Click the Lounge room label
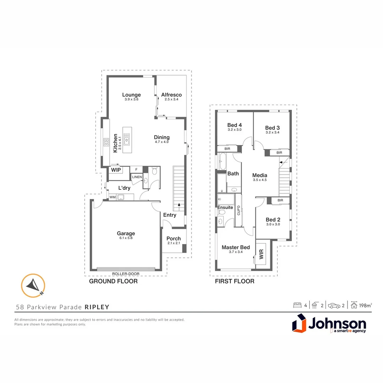pyautogui.click(x=132, y=95)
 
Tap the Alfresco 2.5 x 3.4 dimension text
pyautogui.click(x=171, y=100)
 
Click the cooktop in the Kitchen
pyautogui.click(x=106, y=143)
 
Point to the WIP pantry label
pyautogui.click(x=116, y=170)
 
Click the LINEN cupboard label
pyautogui.click(x=137, y=177)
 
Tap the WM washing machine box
pyautogui.click(x=112, y=197)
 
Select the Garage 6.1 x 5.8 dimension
pyautogui.click(x=126, y=238)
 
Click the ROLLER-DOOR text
pyautogui.click(x=126, y=274)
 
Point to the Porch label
pyautogui.click(x=173, y=239)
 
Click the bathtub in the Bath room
pyautogui.click(x=223, y=162)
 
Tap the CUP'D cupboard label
pyautogui.click(x=239, y=210)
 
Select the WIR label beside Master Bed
pyautogui.click(x=261, y=254)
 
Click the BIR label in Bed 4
pyautogui.click(x=227, y=149)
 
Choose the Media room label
pyautogui.click(x=260, y=175)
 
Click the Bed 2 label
pyautogui.click(x=273, y=220)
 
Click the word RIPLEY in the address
pyautogui.click(x=97, y=307)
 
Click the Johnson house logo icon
pyautogui.click(x=299, y=324)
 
